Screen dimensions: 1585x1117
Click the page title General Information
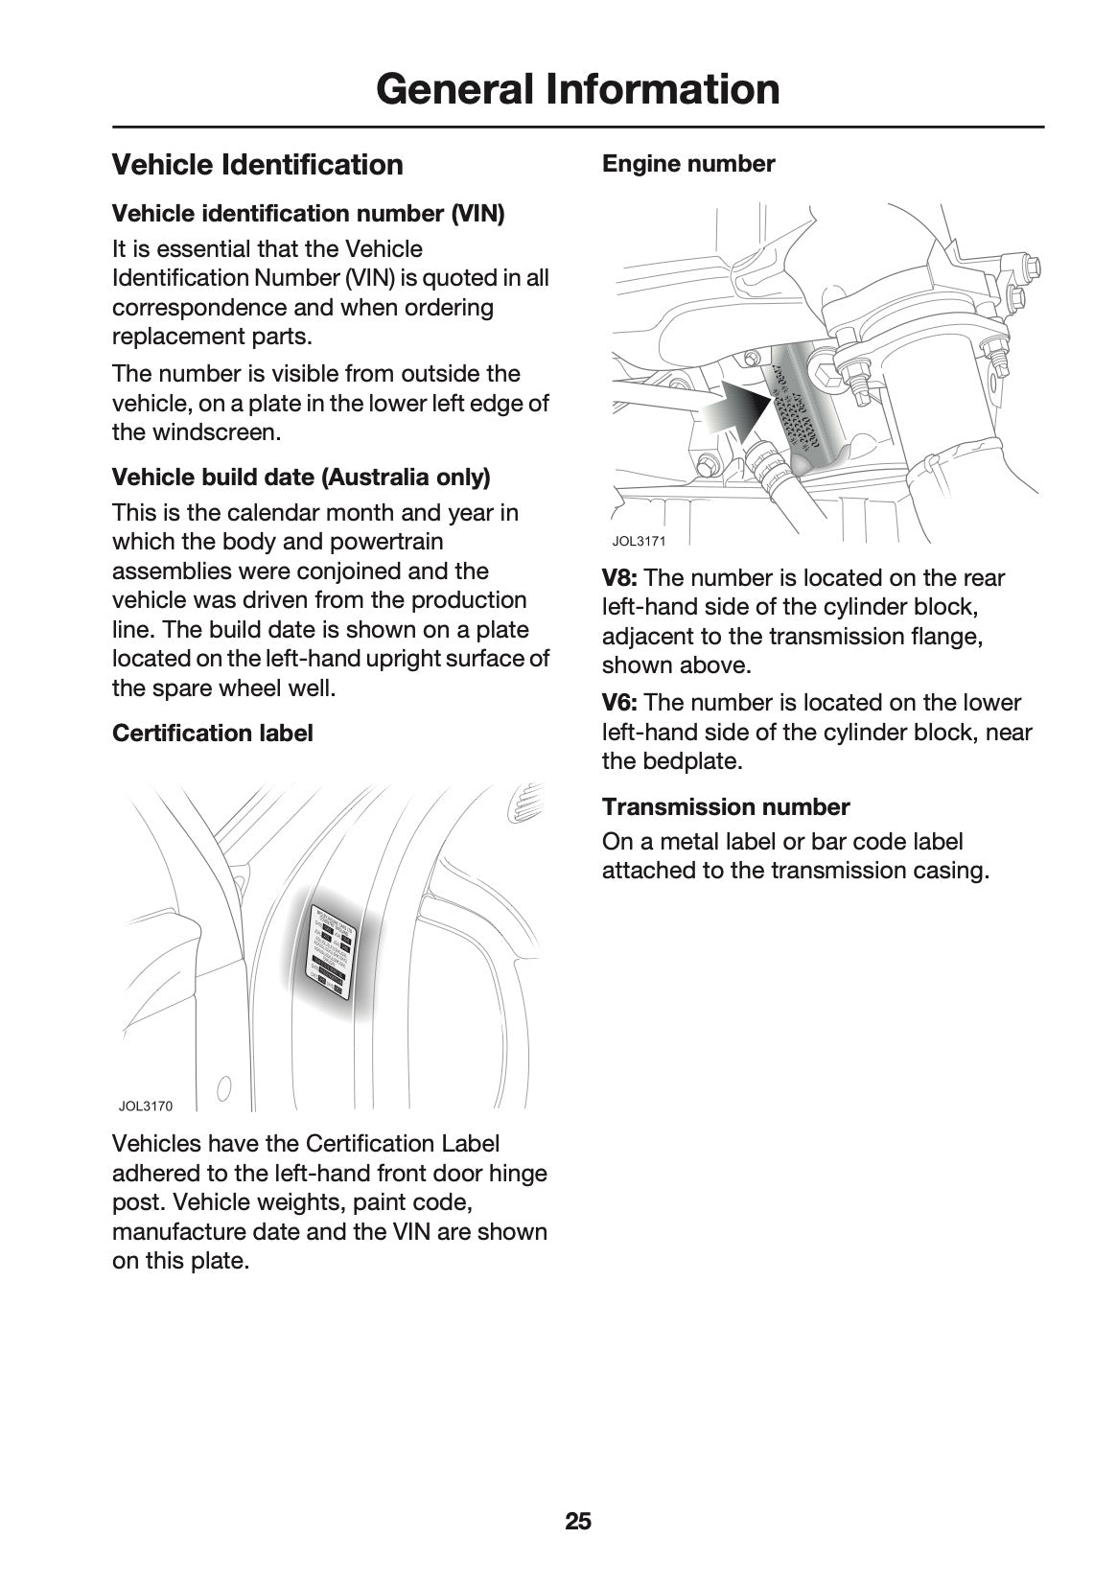(577, 89)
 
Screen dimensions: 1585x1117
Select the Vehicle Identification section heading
(257, 165)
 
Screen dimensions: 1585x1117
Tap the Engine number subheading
(687, 164)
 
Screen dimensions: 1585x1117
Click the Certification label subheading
(212, 734)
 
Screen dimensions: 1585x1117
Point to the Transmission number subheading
(725, 807)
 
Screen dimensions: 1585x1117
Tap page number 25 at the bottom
(578, 1521)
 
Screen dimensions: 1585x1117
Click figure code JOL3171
(639, 541)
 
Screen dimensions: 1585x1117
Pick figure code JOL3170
(146, 1107)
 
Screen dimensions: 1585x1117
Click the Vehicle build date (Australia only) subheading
(301, 477)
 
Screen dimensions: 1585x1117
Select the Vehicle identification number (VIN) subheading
(308, 213)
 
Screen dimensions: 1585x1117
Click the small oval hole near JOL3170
(223, 1088)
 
